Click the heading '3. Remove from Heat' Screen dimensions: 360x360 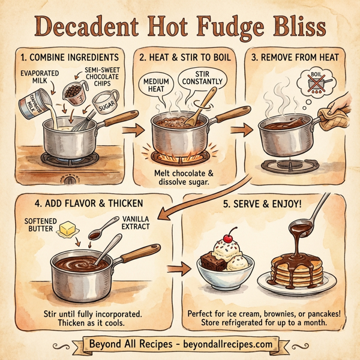click(x=296, y=58)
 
